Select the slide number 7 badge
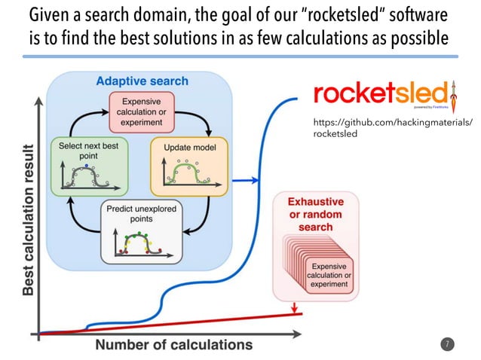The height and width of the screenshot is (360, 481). point(447,344)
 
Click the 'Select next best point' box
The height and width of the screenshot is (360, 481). point(84,163)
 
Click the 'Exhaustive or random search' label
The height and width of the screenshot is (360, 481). point(316,215)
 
